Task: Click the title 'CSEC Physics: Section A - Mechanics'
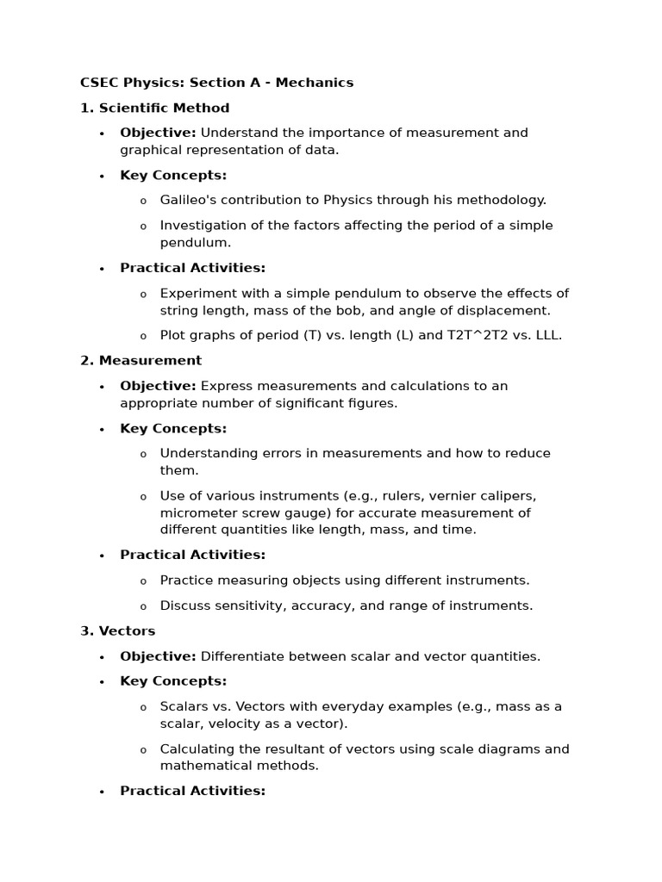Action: [x=216, y=83]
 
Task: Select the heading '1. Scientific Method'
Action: [x=155, y=108]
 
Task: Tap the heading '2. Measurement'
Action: [x=141, y=360]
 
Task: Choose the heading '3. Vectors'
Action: [x=118, y=630]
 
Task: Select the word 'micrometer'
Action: [x=194, y=512]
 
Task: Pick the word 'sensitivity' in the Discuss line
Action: [x=247, y=606]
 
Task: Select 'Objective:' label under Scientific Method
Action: [x=158, y=133]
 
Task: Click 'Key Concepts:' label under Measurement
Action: [x=173, y=428]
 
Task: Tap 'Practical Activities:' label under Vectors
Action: [x=192, y=791]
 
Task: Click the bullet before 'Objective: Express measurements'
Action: [x=102, y=387]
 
